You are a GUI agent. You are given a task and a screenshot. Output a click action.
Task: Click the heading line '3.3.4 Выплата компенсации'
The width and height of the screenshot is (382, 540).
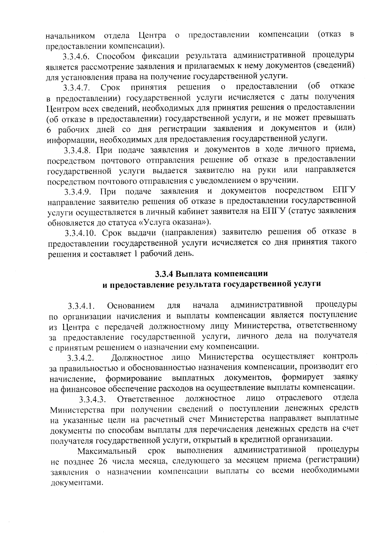211,274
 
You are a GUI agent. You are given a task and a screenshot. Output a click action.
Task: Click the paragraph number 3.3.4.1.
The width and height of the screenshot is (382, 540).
81,307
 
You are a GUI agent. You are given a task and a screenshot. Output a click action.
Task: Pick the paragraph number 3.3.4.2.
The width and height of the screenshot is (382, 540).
81,359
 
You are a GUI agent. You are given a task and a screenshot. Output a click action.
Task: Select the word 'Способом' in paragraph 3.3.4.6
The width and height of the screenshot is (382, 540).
112,57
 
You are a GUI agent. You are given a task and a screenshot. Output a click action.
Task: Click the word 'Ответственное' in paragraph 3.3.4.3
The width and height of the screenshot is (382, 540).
145,399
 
